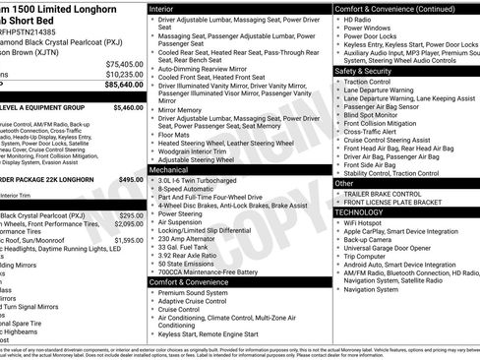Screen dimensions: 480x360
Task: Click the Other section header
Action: [344, 183]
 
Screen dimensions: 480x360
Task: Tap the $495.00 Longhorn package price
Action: [131, 180]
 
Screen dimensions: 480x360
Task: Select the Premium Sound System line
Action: [196, 292]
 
